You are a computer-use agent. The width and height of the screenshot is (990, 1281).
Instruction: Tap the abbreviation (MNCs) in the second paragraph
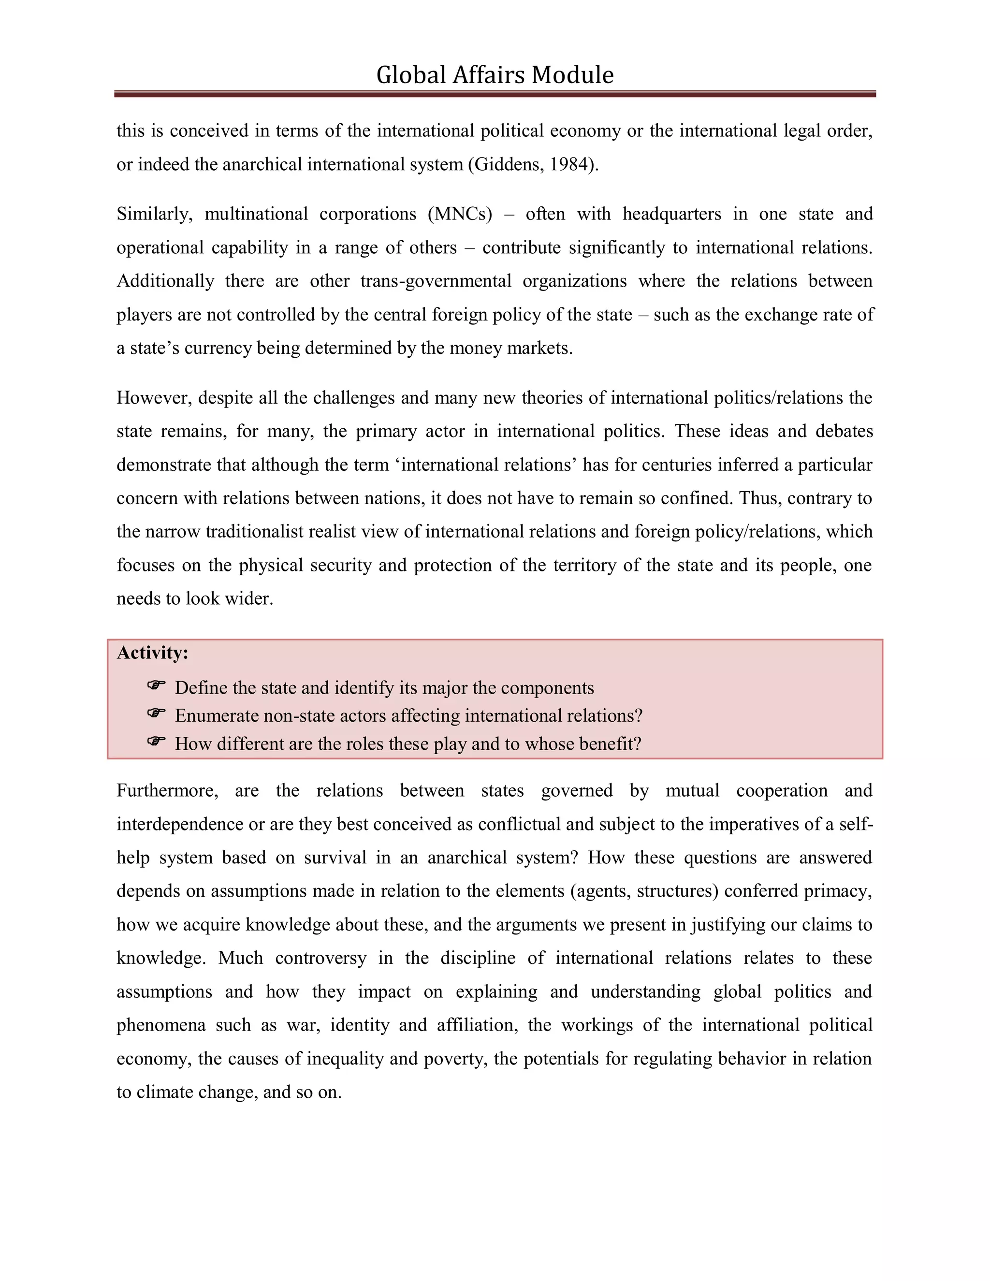click(x=460, y=214)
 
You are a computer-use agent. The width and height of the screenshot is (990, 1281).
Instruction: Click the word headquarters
click(x=671, y=214)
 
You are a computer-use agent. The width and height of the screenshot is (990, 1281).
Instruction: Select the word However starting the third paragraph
click(x=154, y=398)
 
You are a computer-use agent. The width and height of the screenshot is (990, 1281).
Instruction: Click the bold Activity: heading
click(x=152, y=653)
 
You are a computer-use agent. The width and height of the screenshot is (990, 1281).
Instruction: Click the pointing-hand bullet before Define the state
click(x=156, y=685)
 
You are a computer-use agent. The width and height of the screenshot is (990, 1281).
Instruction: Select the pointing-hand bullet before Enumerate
click(x=156, y=713)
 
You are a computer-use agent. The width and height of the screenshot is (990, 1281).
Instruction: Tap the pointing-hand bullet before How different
click(x=156, y=742)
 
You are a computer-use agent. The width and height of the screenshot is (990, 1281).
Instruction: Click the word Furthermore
click(x=167, y=791)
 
